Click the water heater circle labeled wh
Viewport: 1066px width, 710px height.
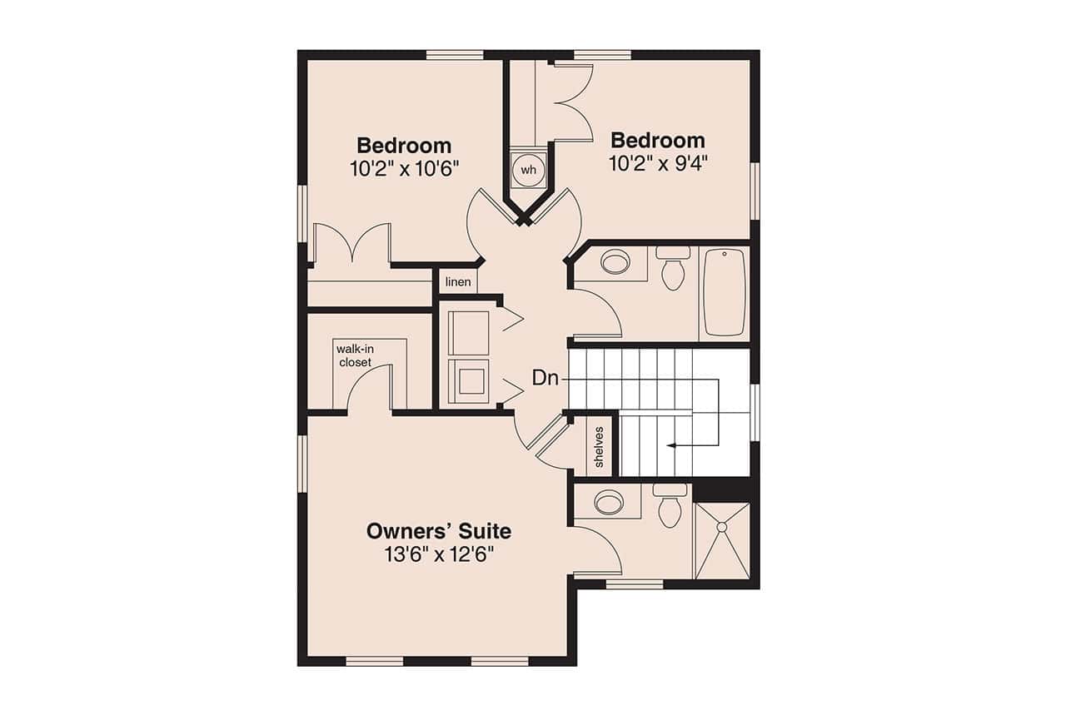click(527, 169)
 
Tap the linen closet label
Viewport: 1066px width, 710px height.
click(458, 282)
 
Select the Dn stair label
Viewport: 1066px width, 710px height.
click(545, 378)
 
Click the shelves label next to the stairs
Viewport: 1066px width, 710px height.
click(599, 447)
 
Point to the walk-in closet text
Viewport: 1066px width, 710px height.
click(355, 355)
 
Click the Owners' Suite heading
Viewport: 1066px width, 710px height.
click(439, 531)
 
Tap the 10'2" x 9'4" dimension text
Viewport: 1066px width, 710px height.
click(658, 163)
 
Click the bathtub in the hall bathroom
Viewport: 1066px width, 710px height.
click(724, 291)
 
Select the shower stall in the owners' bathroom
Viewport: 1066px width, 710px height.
click(722, 541)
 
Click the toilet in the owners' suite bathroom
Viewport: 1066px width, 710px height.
click(670, 507)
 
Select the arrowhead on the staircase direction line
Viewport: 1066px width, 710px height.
click(670, 446)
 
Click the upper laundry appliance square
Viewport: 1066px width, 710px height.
click(468, 332)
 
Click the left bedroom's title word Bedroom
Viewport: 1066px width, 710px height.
click(404, 146)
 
